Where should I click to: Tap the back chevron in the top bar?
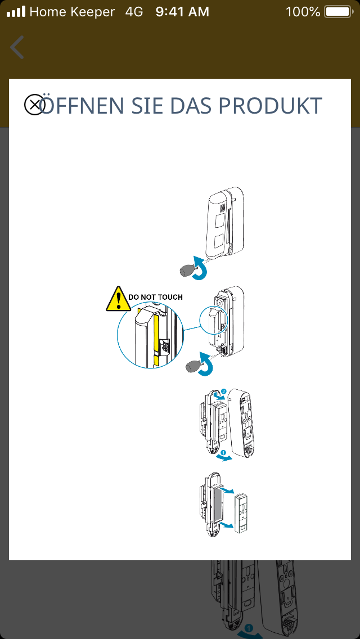pyautogui.click(x=17, y=47)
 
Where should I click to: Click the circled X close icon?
pyautogui.click(x=34, y=105)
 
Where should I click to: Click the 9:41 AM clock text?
pyautogui.click(x=182, y=11)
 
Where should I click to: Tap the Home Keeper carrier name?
pyautogui.click(x=72, y=11)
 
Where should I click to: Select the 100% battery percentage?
pyautogui.click(x=303, y=11)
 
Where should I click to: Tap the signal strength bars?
pyautogui.click(x=16, y=11)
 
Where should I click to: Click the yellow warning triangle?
pyautogui.click(x=116, y=299)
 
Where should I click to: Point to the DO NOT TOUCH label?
pyautogui.click(x=155, y=296)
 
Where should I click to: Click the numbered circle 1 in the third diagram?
pyautogui.click(x=223, y=452)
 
